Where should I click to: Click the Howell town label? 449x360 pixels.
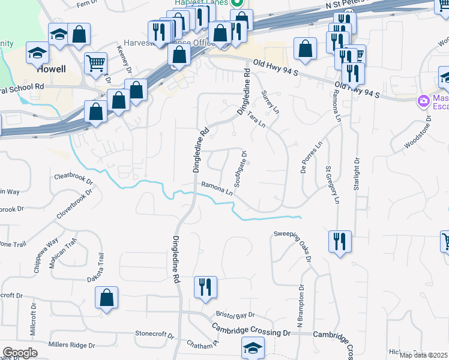tap(51, 69)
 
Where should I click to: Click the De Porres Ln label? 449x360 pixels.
tap(312, 157)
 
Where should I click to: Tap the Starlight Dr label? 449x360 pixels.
tap(357, 173)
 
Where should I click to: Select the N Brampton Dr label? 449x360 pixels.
tap(300, 307)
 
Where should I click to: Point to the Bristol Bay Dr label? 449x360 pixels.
tap(236, 315)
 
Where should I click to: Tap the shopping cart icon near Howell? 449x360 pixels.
tap(96, 62)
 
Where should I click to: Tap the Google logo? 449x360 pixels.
tap(20, 353)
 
